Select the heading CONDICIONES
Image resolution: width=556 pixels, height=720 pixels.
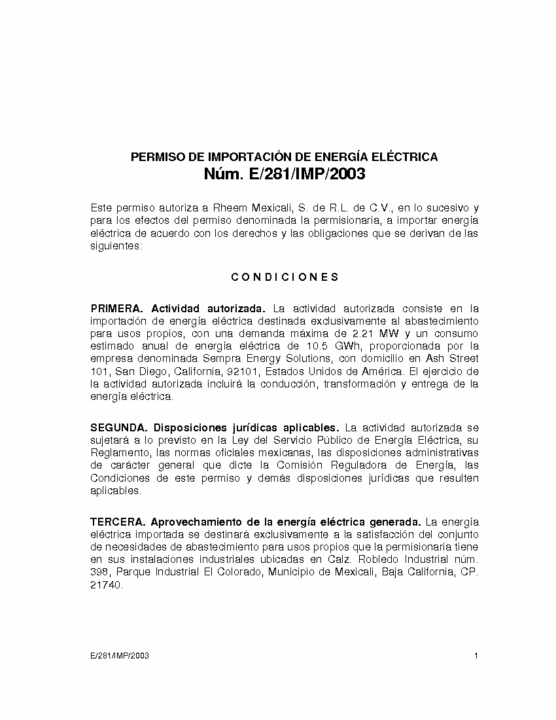pos(285,277)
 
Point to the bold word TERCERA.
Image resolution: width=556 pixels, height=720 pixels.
pos(118,522)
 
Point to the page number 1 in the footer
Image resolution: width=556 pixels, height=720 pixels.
pos(476,656)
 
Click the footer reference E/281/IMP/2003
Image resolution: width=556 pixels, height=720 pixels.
pos(120,656)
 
